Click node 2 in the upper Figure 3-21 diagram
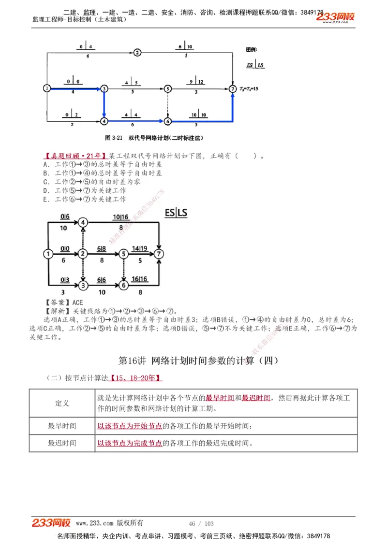point(137,52)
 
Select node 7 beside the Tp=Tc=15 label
point(233,89)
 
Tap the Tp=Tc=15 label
point(249,89)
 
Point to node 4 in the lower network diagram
point(83,222)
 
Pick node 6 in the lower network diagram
point(124,286)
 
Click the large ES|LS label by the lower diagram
point(176,213)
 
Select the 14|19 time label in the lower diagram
point(140,248)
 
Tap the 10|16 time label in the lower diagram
point(121,217)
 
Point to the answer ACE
point(77,302)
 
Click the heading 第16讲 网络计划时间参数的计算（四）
point(198,361)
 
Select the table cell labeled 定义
point(62,403)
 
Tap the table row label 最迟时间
point(62,443)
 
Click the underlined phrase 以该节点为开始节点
point(130,426)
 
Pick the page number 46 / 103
point(201,524)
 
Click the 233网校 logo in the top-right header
point(335,17)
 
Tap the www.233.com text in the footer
point(95,523)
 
